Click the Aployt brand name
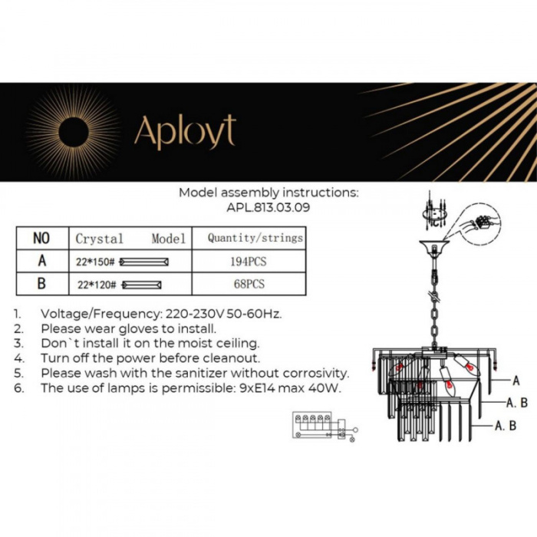coord(185,131)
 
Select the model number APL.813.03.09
coord(268,206)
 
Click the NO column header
coord(41,238)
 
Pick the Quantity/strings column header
coord(255,238)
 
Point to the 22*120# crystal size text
coord(96,285)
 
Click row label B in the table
coord(41,284)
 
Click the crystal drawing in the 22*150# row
coord(146,262)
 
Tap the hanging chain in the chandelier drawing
coord(433,315)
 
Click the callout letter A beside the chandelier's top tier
coord(516,380)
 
